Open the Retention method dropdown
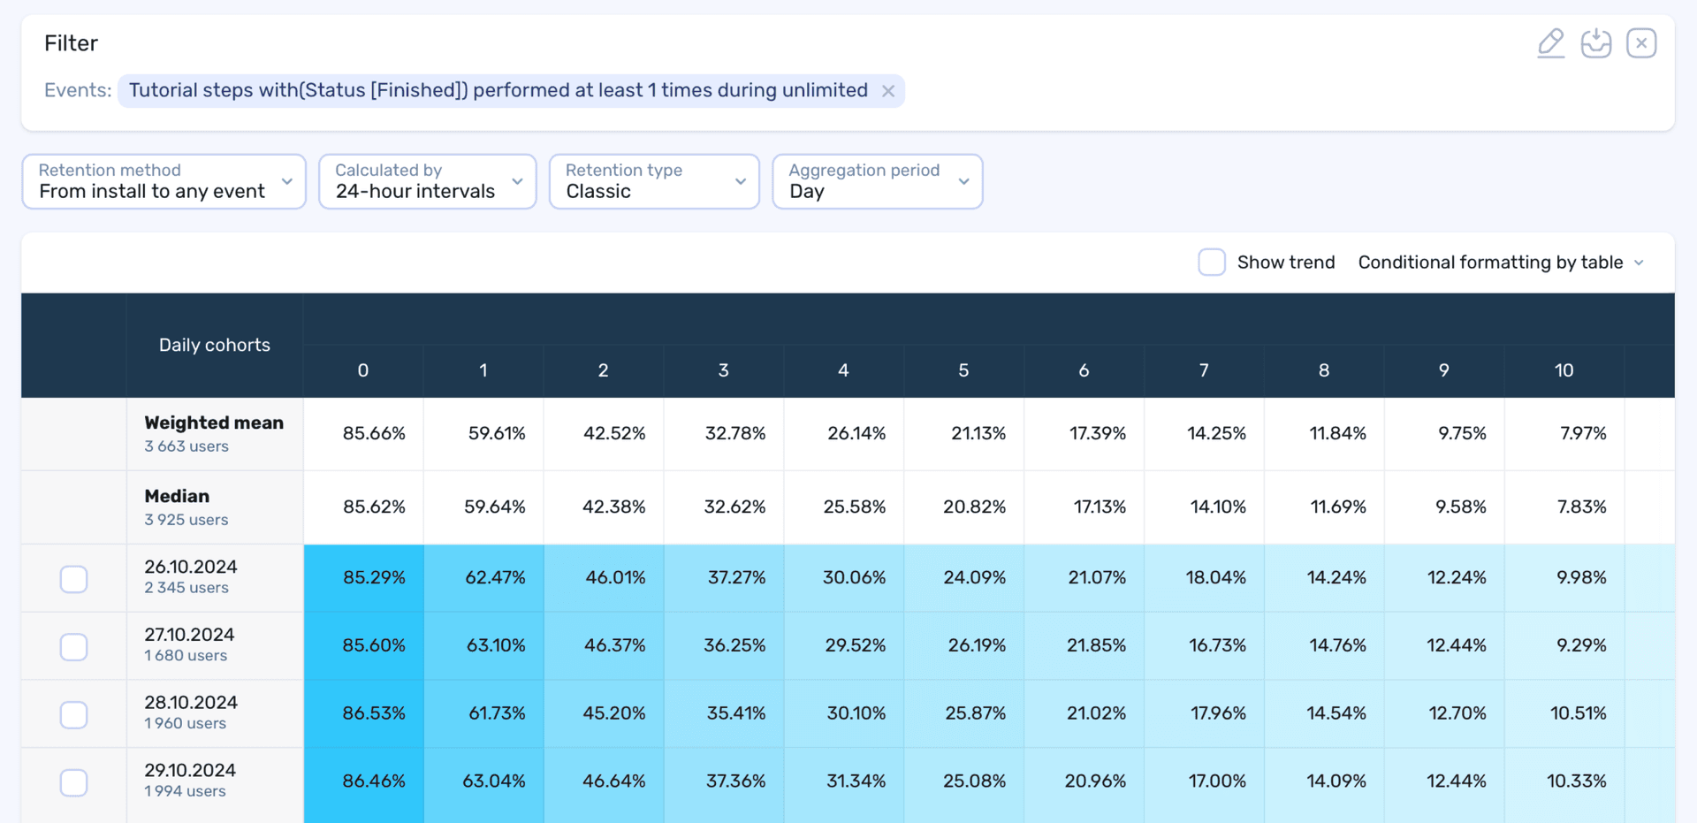point(164,181)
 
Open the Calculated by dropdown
point(428,181)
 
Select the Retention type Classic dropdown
point(654,181)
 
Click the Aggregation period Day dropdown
point(878,181)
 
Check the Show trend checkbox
point(1212,263)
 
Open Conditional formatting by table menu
point(1501,263)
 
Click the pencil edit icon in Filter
point(1551,42)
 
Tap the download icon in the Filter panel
point(1596,42)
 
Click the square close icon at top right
point(1641,42)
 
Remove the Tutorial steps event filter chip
point(888,91)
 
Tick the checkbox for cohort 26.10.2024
point(74,579)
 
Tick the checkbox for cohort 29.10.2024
point(74,782)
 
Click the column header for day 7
point(1204,370)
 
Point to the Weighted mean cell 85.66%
point(374,433)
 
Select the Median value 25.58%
point(854,507)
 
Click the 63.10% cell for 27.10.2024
point(496,645)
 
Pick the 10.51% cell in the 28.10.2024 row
point(1578,713)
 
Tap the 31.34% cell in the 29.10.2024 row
point(855,781)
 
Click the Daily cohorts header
point(215,345)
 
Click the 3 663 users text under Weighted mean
point(186,446)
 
